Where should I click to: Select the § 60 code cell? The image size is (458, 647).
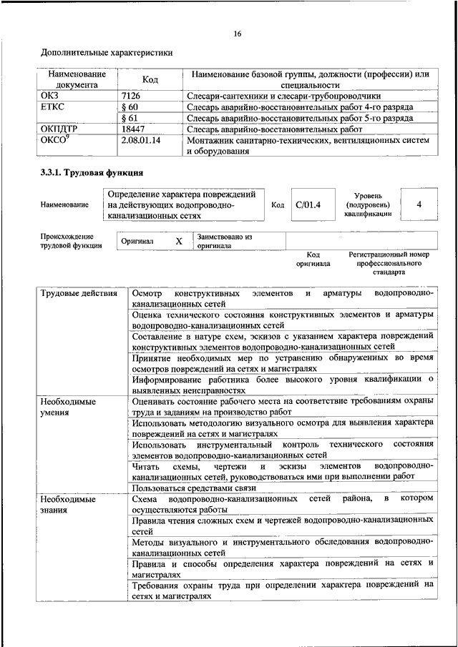[x=130, y=107]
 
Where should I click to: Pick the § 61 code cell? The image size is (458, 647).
[x=130, y=117]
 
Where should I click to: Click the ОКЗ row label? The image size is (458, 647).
[x=50, y=95]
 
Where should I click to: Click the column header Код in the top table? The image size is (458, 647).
[x=150, y=79]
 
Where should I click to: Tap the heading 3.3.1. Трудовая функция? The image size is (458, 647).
[x=92, y=173]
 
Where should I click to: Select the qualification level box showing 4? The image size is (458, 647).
[x=419, y=205]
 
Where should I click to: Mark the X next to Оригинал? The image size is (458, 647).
[x=179, y=242]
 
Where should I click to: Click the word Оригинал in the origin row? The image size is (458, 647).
[x=137, y=242]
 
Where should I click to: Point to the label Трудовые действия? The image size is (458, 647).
[x=79, y=294]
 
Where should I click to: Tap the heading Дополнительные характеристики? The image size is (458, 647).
[x=107, y=52]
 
